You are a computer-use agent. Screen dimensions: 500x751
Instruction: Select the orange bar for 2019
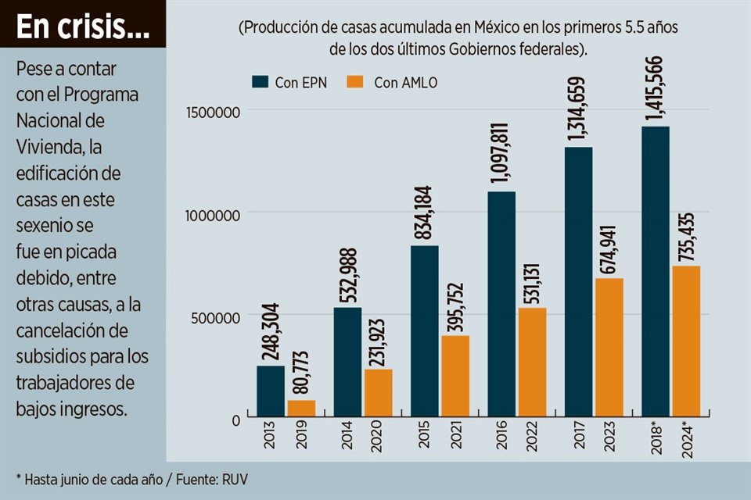(301, 408)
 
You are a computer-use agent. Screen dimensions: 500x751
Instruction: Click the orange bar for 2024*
(686, 341)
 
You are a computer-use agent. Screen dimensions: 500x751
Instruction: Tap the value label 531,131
(532, 274)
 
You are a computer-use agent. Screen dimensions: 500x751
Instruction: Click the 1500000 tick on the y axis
(212, 112)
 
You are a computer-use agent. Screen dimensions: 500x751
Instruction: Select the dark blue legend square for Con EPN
(260, 82)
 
